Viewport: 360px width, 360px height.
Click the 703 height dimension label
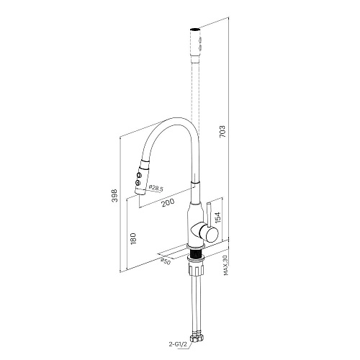pyautogui.click(x=222, y=131)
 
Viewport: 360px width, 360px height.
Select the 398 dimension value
pyautogui.click(x=115, y=195)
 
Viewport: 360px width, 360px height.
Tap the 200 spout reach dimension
pyautogui.click(x=168, y=203)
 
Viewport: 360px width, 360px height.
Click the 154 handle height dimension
pyautogui.click(x=217, y=217)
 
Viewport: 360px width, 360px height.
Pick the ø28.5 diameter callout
pyautogui.click(x=156, y=188)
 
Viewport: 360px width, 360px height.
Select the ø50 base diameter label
pyautogui.click(x=166, y=261)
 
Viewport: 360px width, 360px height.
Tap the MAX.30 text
pyautogui.click(x=225, y=265)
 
